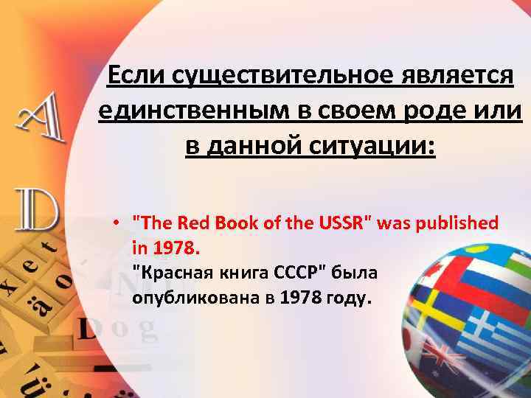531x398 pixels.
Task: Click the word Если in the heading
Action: coord(138,76)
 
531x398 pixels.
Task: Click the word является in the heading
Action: coord(459,76)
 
